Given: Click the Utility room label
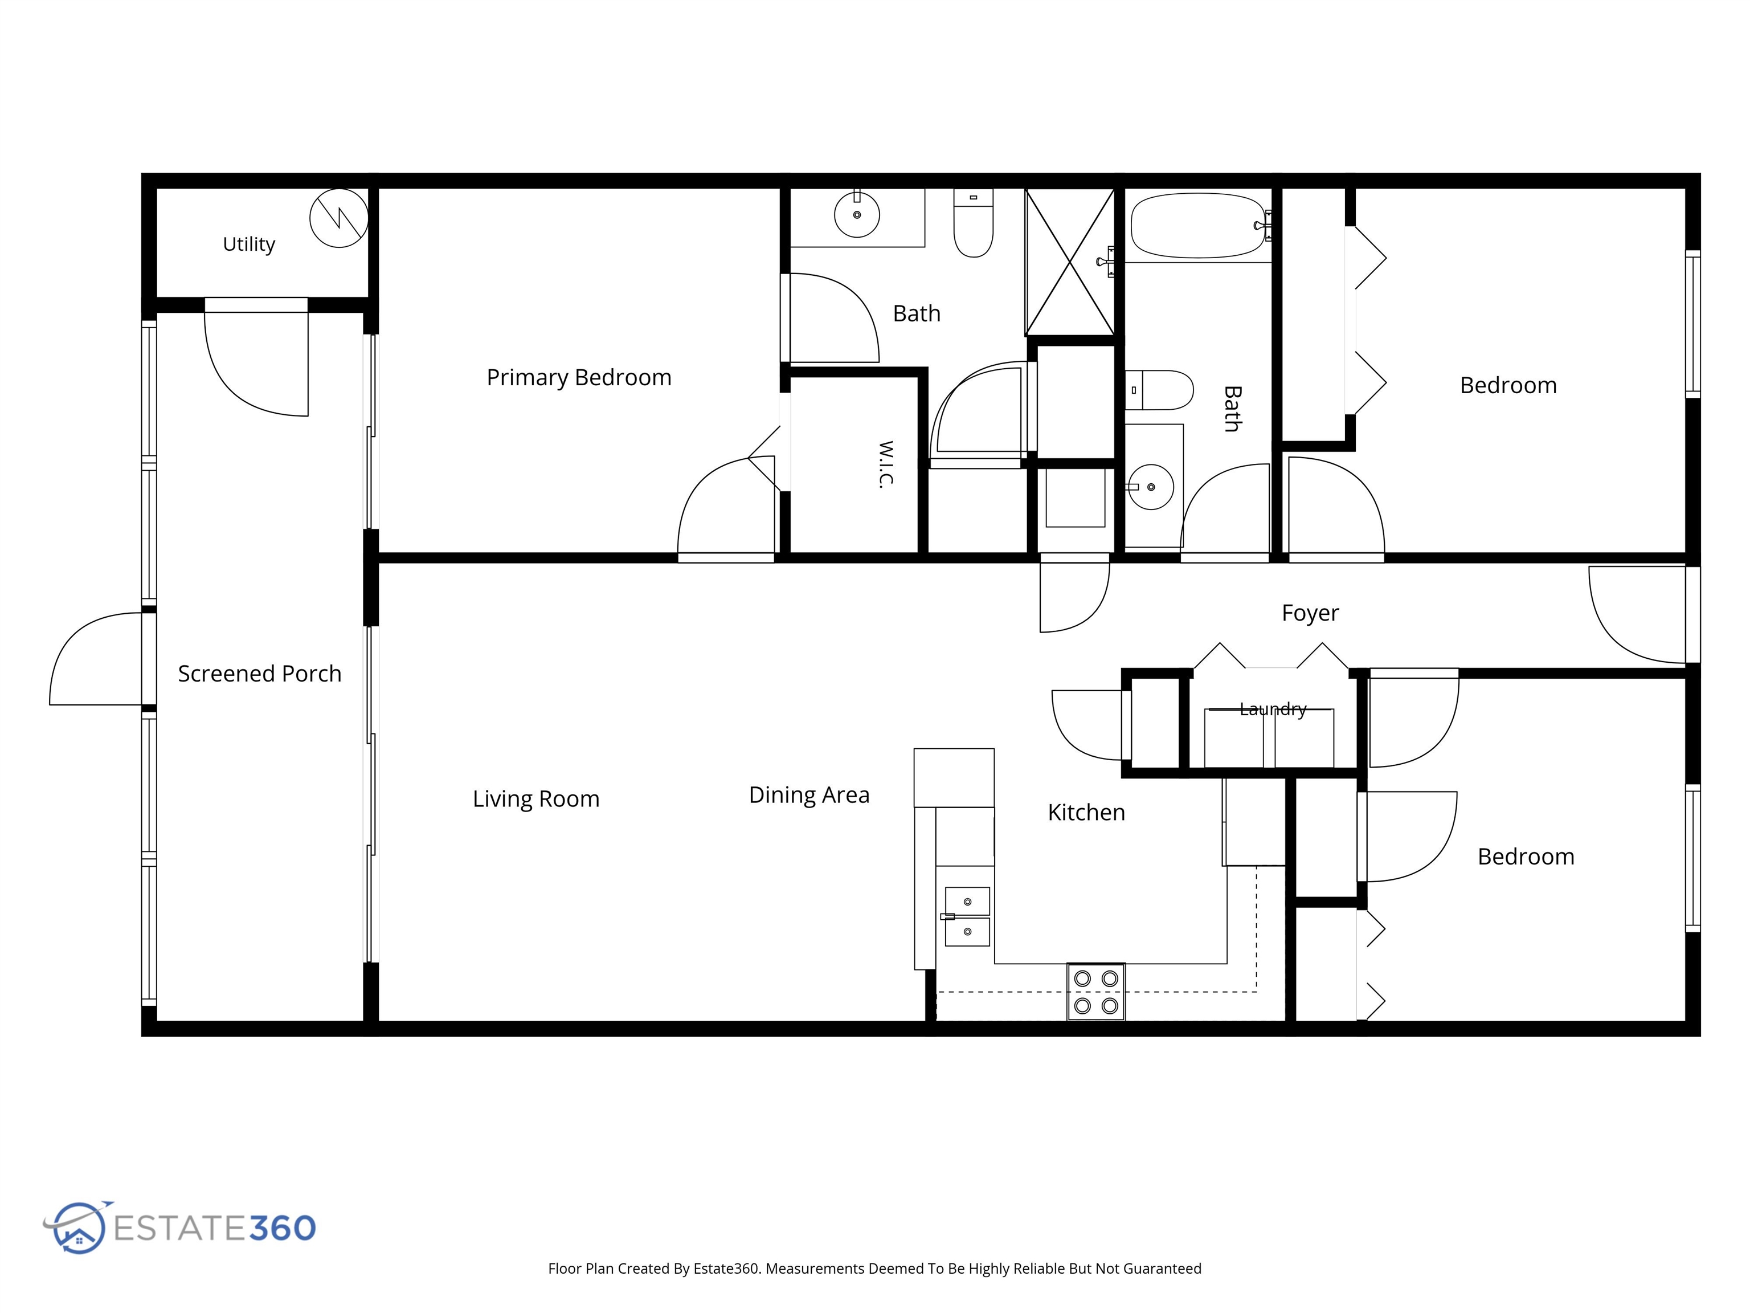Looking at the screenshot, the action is [x=248, y=244].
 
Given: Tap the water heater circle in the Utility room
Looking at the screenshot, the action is [x=338, y=218].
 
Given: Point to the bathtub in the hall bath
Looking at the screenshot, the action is [x=1198, y=226].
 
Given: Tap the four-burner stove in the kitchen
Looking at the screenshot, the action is [x=1095, y=992].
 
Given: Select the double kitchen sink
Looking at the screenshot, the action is [x=967, y=916].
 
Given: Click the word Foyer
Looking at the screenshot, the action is [x=1310, y=613].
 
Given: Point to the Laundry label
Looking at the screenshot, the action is [x=1273, y=709].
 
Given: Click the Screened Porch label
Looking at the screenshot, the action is [x=260, y=674].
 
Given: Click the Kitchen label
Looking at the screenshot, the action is [x=1086, y=812].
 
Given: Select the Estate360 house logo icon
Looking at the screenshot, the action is [x=77, y=1227].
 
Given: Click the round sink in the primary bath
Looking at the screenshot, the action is [x=857, y=214].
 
